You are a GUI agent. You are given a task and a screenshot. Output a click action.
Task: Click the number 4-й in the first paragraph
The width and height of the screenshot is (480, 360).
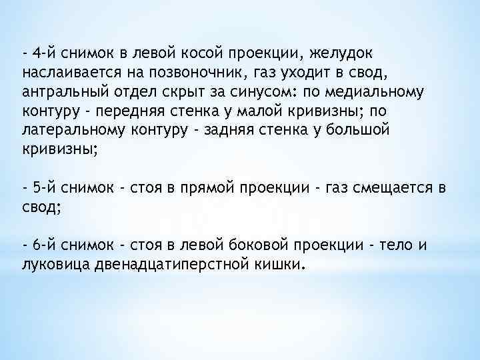point(42,52)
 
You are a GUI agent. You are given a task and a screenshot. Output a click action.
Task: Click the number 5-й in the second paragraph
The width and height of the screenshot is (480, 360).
point(42,188)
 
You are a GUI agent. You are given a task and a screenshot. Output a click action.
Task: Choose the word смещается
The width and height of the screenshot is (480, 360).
point(383,188)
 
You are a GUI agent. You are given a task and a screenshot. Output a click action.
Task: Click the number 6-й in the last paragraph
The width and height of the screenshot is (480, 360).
point(42,247)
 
